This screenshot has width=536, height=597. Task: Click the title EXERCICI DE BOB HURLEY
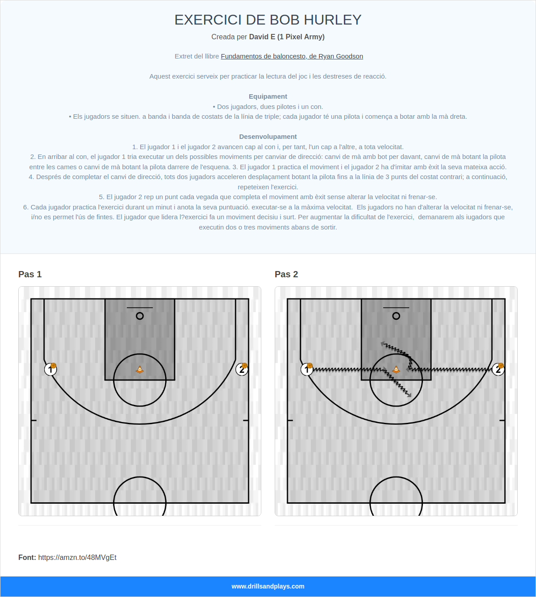[268, 20]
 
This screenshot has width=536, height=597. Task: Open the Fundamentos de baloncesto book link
[292, 56]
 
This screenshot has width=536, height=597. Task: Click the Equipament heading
[268, 96]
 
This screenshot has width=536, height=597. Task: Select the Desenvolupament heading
[268, 137]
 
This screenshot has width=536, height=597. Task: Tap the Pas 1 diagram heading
[30, 274]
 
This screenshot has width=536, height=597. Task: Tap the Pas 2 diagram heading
[286, 274]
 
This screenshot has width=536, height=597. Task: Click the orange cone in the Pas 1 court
[140, 369]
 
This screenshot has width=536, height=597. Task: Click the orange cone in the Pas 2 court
[396, 369]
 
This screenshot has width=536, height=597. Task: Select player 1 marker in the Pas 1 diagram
[50, 369]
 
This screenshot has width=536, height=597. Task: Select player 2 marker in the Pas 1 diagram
[242, 369]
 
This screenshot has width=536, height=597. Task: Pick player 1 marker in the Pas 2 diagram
[307, 369]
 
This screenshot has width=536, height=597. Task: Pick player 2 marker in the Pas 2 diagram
[498, 369]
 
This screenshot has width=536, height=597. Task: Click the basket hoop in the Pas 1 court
[140, 316]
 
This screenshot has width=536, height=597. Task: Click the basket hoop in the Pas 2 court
[396, 316]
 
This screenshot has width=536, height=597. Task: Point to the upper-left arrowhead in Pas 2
[383, 344]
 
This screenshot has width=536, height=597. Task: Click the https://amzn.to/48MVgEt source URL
[77, 557]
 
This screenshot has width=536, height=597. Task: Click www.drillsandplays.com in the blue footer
[268, 586]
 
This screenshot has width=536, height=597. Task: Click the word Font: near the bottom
[27, 557]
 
